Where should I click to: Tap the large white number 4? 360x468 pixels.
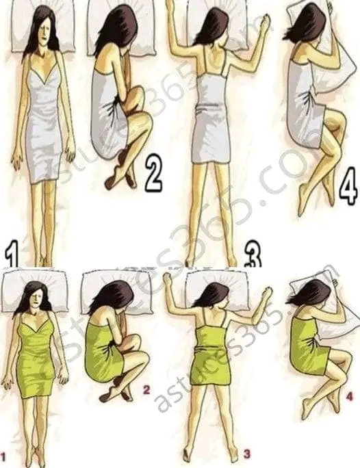click(348, 186)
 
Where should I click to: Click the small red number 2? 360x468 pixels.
click(146, 389)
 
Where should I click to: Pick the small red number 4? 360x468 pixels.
click(350, 397)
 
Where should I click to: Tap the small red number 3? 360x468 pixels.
click(246, 454)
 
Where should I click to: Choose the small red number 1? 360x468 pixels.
click(3, 456)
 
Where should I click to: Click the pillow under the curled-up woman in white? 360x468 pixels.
click(122, 27)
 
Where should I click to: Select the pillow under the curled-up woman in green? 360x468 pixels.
click(116, 293)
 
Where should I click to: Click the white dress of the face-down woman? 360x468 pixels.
click(211, 119)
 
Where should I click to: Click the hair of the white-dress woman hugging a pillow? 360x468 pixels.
click(305, 23)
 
